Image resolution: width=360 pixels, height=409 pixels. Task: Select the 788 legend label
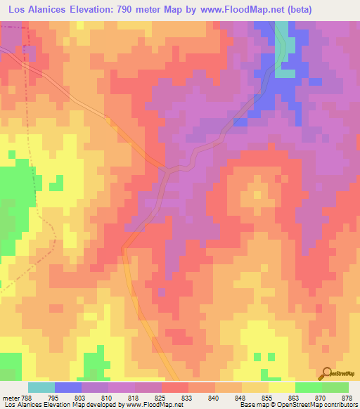[27, 397]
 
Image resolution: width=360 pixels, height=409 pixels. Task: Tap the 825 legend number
[160, 397]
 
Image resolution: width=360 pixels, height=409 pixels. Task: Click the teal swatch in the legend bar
[41, 387]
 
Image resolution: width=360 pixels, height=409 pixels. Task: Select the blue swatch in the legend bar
[67, 387]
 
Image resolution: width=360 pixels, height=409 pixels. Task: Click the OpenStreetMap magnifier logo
[326, 372]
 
